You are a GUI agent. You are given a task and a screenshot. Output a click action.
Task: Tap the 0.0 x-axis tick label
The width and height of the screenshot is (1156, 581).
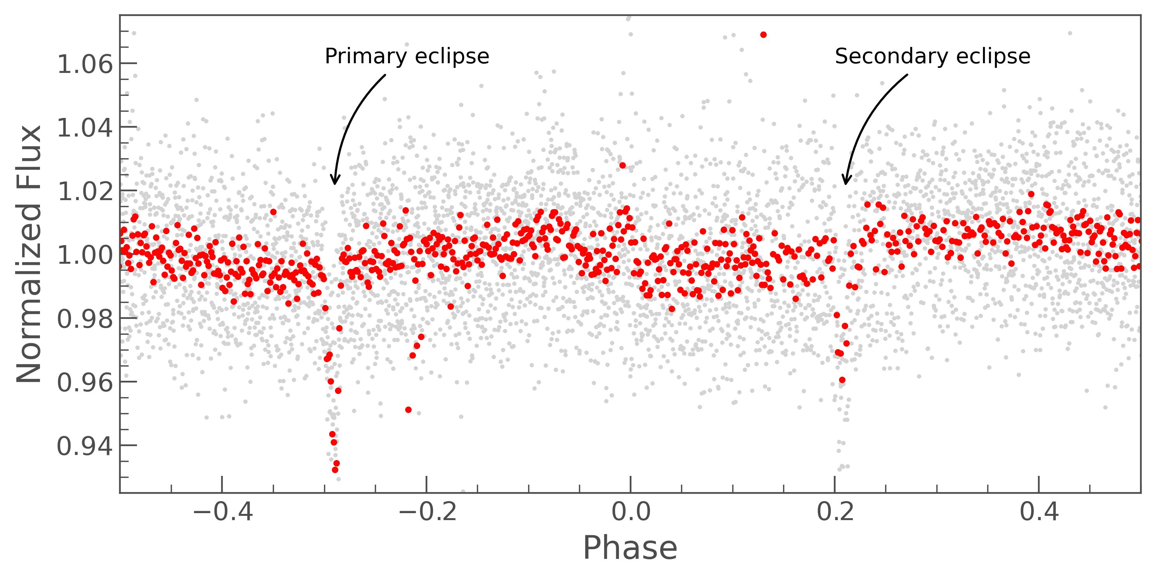[631, 512]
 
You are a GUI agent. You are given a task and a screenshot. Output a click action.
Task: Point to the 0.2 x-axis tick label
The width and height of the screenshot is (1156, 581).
[835, 512]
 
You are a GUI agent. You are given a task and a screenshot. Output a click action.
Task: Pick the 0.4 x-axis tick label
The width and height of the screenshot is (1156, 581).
[1039, 512]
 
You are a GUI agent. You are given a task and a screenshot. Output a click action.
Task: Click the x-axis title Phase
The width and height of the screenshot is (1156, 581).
[630, 548]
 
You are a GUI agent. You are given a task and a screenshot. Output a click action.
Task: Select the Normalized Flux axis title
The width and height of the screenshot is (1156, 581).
[29, 254]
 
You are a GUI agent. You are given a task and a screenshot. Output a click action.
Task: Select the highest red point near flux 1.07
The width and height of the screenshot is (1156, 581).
[763, 35]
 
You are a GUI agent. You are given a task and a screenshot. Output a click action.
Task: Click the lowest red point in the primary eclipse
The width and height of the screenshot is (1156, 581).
[335, 470]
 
